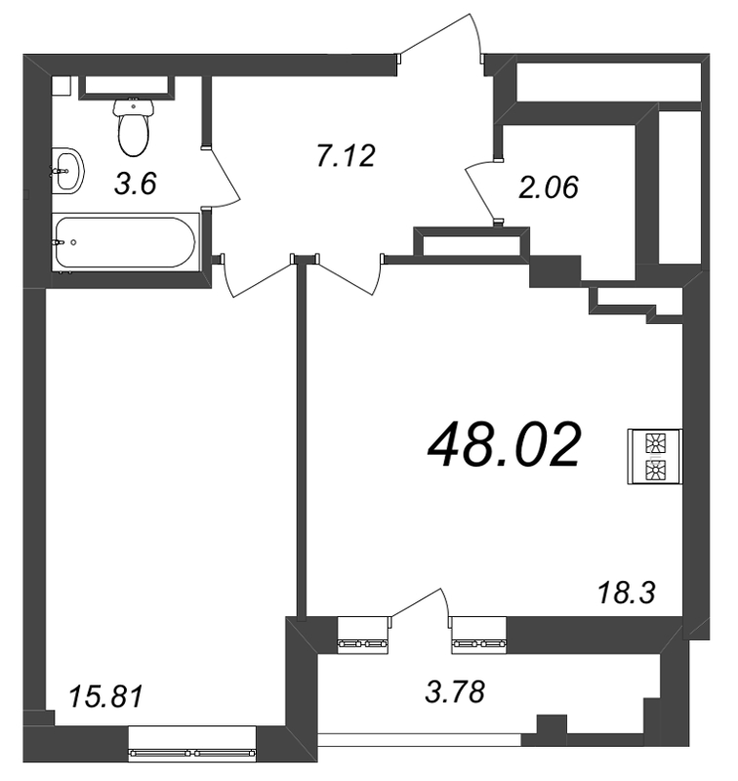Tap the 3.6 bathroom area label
[136, 183]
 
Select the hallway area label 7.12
[346, 154]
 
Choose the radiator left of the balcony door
[362, 643]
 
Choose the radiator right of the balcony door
[478, 643]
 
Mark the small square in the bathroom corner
[61, 85]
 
